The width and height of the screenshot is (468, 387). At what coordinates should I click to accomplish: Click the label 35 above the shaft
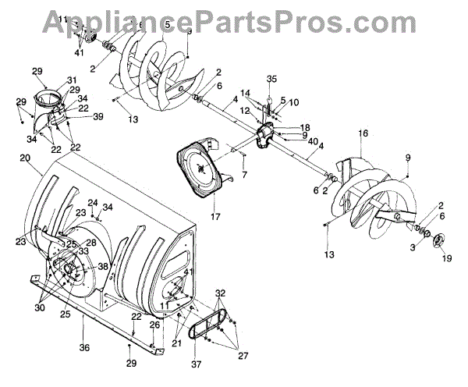271,79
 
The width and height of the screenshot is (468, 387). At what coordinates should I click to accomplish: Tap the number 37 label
196,364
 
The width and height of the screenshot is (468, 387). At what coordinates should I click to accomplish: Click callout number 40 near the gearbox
312,142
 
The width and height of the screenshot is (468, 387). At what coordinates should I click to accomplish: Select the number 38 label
102,266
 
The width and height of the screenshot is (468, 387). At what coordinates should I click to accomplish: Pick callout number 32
222,293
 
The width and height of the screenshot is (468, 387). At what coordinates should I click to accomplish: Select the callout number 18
304,126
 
